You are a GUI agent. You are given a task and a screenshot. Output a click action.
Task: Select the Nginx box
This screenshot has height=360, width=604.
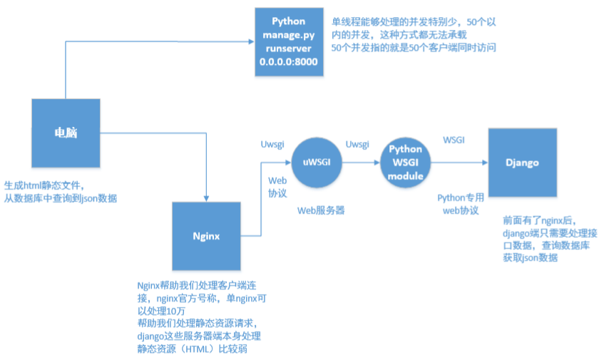205,235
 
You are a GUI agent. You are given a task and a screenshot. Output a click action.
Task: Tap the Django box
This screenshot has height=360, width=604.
521,163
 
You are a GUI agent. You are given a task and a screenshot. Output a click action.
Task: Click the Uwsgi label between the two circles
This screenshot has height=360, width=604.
357,144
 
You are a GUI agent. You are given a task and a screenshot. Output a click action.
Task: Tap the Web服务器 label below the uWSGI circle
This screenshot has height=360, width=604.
318,212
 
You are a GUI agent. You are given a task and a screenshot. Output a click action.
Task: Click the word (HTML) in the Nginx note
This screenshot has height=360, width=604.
199,350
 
